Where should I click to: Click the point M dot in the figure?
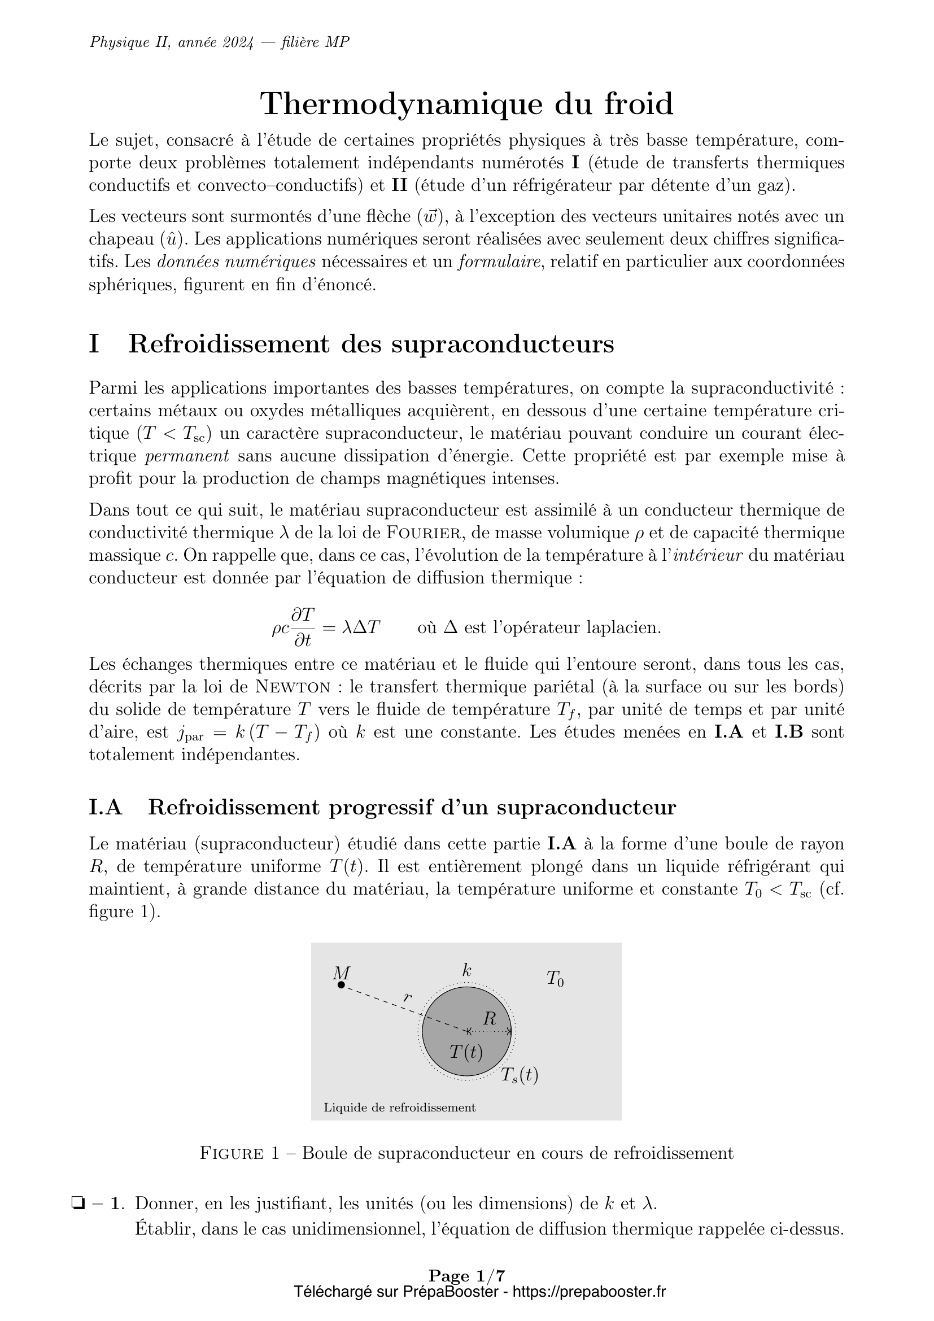(x=341, y=985)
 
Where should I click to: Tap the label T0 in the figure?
(x=555, y=979)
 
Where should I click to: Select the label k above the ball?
(x=467, y=971)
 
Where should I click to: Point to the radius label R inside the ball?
(x=490, y=1019)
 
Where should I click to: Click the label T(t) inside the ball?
(x=466, y=1052)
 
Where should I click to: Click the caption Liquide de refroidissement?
(x=400, y=1108)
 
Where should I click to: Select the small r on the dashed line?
(x=408, y=997)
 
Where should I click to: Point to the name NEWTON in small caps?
(x=293, y=687)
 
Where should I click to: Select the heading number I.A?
(x=106, y=808)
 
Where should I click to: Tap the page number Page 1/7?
(x=467, y=1277)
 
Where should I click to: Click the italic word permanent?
(x=187, y=456)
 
